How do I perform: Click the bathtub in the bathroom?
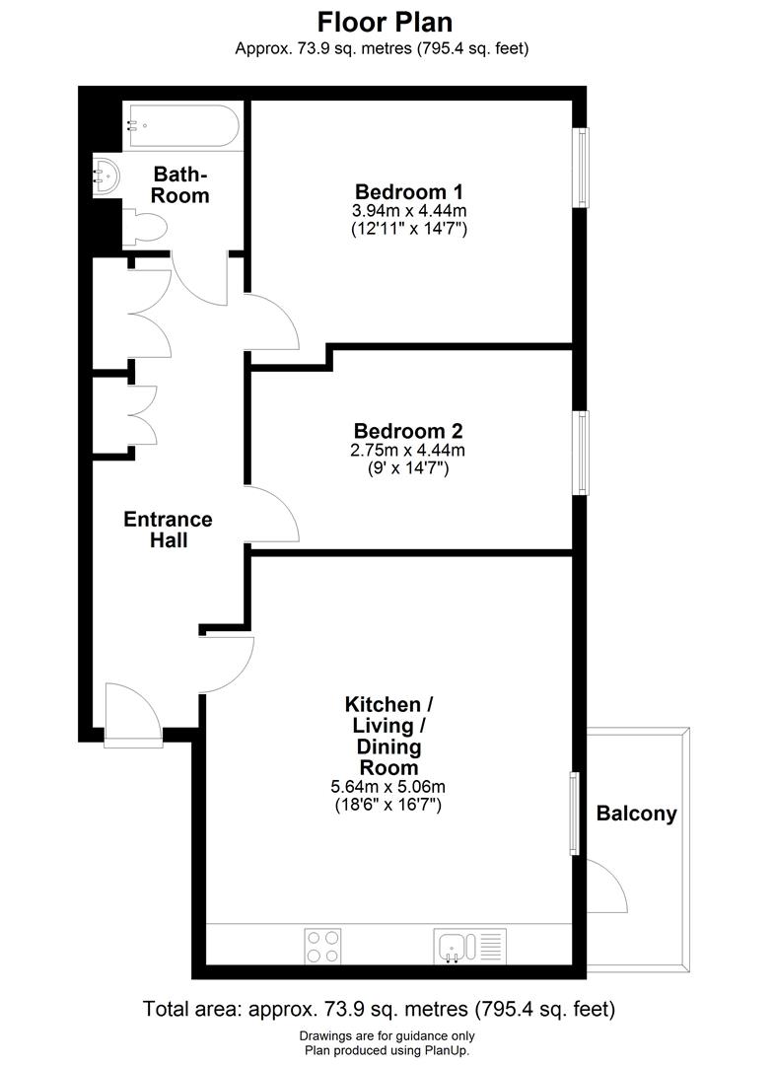(x=180, y=125)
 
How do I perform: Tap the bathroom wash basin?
(x=106, y=177)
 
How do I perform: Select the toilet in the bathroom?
(x=145, y=228)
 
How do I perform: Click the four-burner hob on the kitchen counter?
(x=323, y=946)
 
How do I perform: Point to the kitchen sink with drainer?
(x=469, y=946)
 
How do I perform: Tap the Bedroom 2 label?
(x=408, y=431)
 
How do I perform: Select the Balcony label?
(x=636, y=814)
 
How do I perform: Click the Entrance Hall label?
(x=168, y=530)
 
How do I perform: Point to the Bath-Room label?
(x=180, y=184)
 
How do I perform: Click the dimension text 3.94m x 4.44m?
(x=408, y=210)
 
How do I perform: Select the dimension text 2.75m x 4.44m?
(x=408, y=451)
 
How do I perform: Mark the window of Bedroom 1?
(x=582, y=168)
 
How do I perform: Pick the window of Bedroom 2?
(x=582, y=452)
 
